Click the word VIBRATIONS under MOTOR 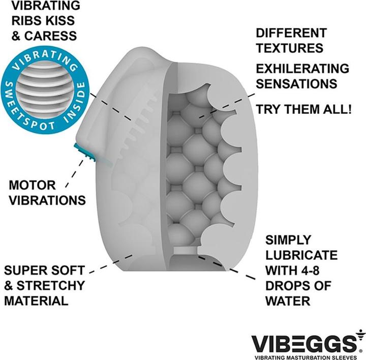coord(45,199)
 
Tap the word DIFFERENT coord(291,34)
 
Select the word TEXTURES coord(289,48)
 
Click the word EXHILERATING coord(302,69)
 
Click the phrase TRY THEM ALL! coord(303,109)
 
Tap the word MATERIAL coord(36,301)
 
